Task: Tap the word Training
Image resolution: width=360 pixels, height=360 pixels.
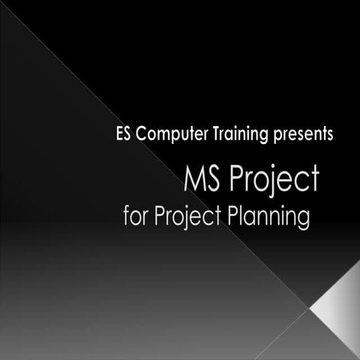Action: pos(227,136)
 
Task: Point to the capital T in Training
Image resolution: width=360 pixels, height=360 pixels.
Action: pos(198,136)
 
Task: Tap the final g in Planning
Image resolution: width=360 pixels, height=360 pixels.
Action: pos(304,220)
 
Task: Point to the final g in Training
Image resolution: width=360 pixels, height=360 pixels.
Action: pos(253,138)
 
